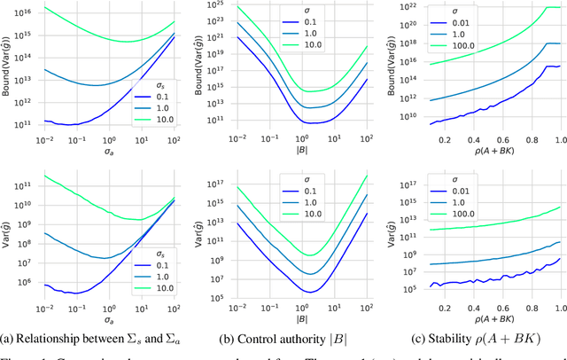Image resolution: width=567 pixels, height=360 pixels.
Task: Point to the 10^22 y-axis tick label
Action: tap(408, 7)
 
